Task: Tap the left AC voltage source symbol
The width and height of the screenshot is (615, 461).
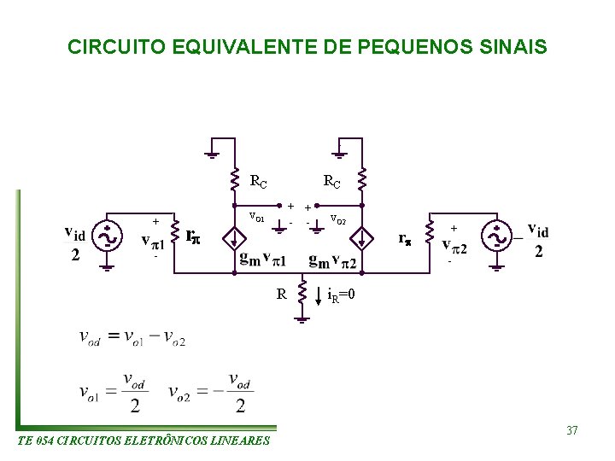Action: coord(108,236)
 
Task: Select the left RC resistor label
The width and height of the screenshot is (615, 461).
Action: coord(258,181)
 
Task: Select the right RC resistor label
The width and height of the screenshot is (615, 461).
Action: coord(331,181)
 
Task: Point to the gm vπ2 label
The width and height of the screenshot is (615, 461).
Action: coord(332,260)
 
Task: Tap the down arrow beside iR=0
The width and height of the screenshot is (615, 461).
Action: coord(319,296)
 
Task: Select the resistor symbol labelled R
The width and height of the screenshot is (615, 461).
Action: coord(301,295)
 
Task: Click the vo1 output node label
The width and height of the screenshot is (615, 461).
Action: coord(256,217)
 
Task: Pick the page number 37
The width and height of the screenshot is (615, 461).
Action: coord(571,430)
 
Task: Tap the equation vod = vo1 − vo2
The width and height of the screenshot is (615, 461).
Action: coord(132,337)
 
